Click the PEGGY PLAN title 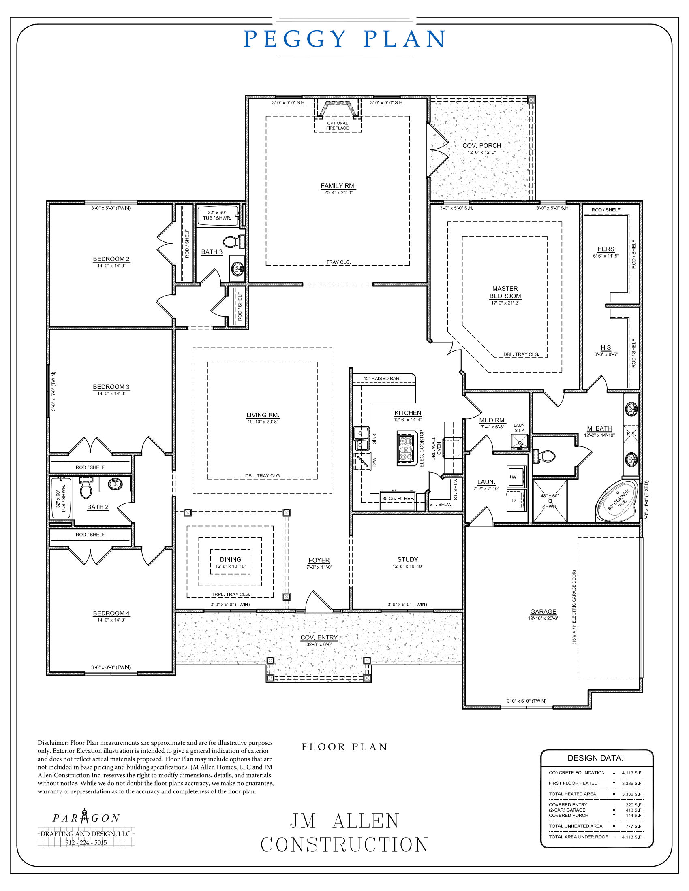tap(344, 39)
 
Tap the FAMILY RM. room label tap(338, 186)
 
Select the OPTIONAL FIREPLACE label tap(337, 126)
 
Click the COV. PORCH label tap(481, 146)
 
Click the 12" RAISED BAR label tap(381, 379)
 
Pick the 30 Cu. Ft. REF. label tap(398, 498)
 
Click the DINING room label tap(230, 560)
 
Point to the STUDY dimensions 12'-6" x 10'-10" tap(407, 566)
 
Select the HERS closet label tap(606, 249)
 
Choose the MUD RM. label tap(492, 420)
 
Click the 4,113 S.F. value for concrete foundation tap(632, 773)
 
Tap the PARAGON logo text tap(86, 818)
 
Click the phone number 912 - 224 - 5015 tap(86, 842)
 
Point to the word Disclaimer tap(53, 743)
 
